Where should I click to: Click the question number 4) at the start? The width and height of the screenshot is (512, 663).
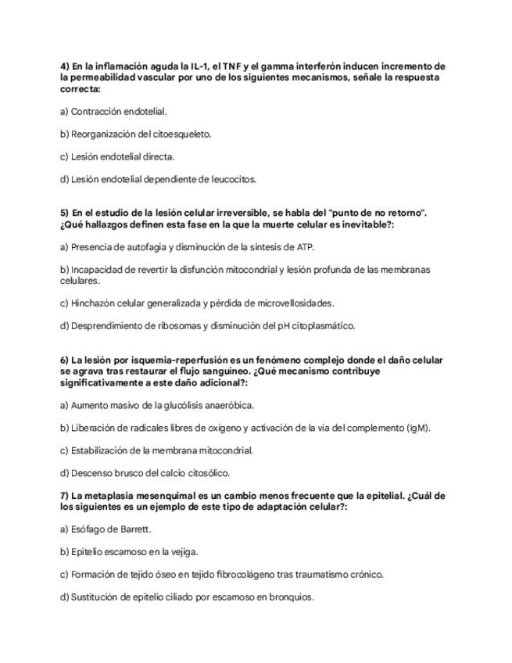[64, 66]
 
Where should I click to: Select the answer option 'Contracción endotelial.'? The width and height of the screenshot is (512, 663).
[113, 112]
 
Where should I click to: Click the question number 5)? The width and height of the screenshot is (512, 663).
[64, 213]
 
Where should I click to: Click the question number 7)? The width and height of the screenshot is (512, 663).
[64, 496]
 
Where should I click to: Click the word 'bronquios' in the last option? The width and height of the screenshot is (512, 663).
[291, 597]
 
